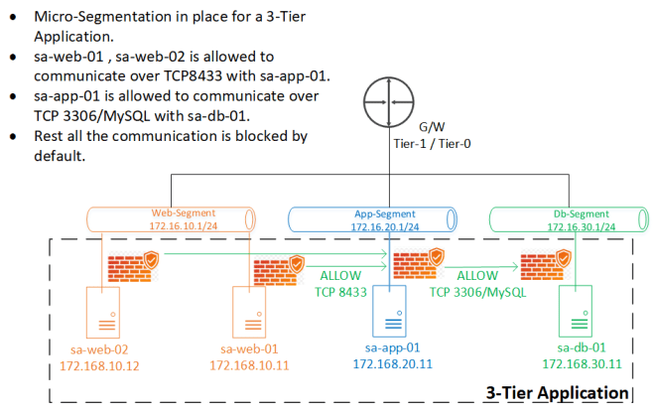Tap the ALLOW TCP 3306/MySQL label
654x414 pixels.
[x=476, y=284]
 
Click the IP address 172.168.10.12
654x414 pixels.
[x=101, y=366]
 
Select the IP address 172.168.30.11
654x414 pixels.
[x=577, y=364]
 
